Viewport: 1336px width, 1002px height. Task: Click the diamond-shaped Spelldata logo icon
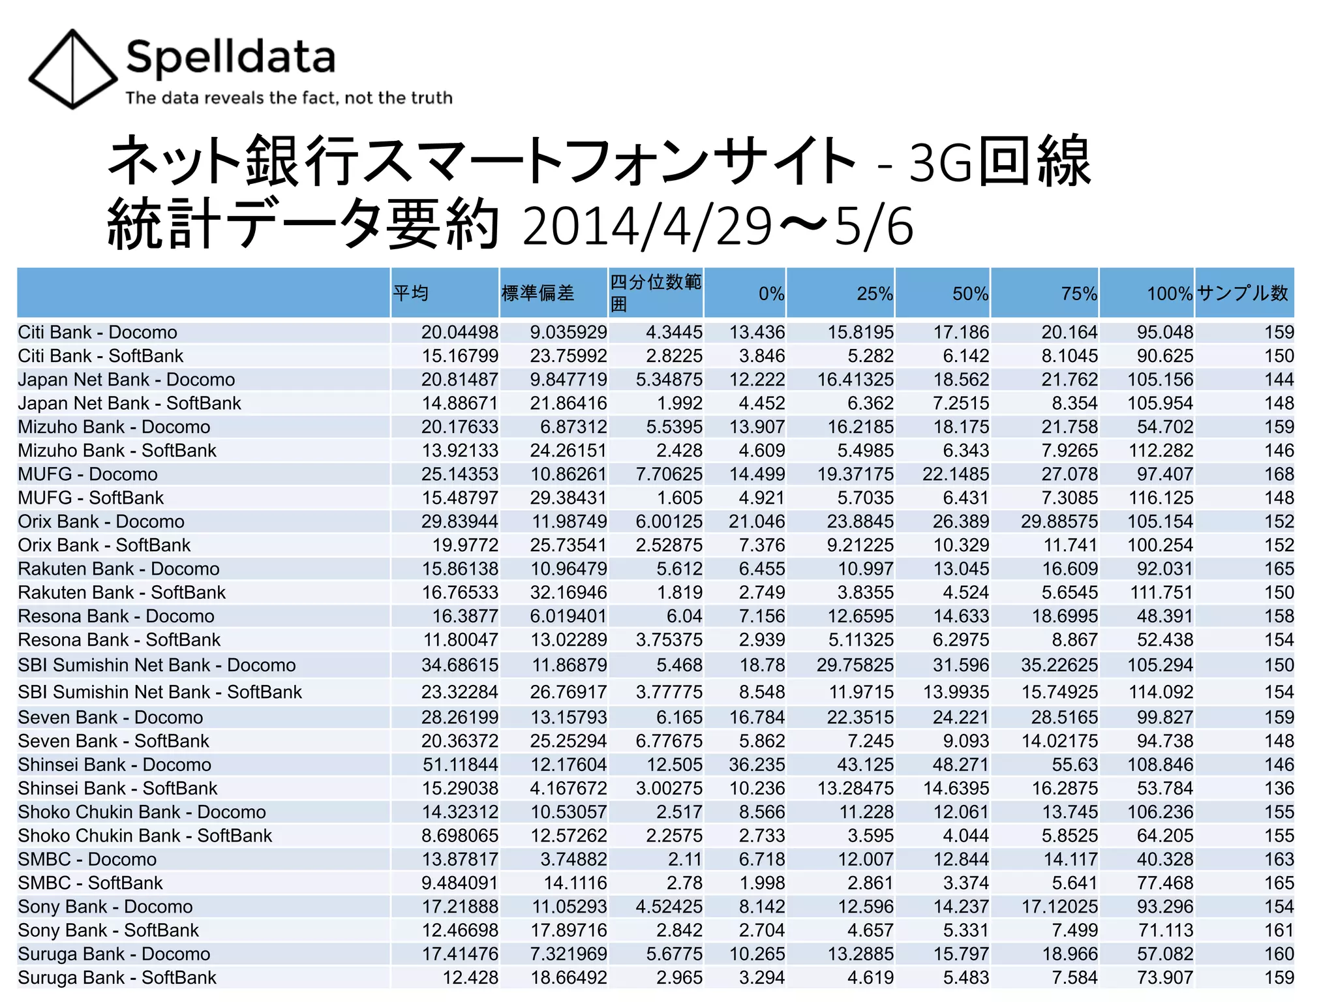click(72, 68)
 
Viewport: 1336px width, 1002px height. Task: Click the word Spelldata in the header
click(230, 57)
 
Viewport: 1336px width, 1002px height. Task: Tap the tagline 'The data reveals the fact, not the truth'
click(288, 98)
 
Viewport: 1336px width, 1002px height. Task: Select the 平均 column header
click(411, 294)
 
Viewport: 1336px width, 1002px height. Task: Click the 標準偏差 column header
click(538, 294)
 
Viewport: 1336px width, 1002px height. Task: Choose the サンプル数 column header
click(1243, 294)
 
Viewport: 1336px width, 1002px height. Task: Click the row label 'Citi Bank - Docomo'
click(97, 332)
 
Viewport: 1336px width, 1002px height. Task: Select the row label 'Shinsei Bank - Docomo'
click(114, 765)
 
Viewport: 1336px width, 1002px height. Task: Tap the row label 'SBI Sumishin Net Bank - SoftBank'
click(160, 691)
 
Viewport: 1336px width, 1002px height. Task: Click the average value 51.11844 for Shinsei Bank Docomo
click(459, 765)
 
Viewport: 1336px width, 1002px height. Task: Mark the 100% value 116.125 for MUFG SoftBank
click(1161, 498)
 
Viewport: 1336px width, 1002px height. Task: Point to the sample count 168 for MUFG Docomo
click(1279, 474)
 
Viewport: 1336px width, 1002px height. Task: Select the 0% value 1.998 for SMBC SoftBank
click(761, 883)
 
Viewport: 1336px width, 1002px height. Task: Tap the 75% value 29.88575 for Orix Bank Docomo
click(1059, 521)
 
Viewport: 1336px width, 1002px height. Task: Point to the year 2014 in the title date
click(581, 227)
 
